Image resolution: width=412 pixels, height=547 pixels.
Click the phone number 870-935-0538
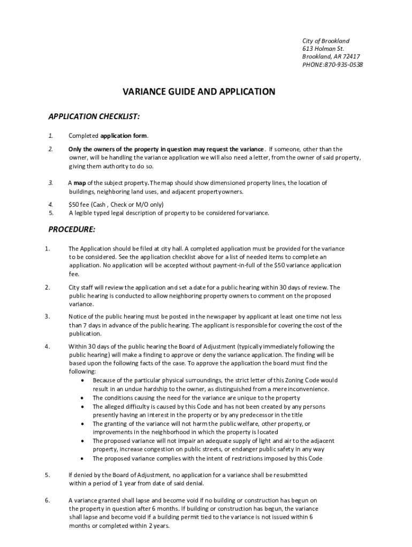[x=344, y=65]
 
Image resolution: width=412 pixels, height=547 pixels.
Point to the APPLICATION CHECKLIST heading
[x=94, y=116]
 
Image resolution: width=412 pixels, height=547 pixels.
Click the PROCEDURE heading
[x=72, y=230]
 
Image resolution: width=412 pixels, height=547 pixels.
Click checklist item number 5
[x=51, y=213]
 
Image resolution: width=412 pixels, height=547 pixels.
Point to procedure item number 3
[x=48, y=316]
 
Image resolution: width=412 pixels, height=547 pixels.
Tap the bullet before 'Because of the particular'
[x=81, y=380]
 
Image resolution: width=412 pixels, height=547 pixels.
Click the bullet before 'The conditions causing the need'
[x=81, y=398]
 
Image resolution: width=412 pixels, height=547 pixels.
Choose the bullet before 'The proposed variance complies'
[x=81, y=458]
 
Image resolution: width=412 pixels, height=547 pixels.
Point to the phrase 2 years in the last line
[x=159, y=526]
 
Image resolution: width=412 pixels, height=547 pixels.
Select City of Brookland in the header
[x=325, y=41]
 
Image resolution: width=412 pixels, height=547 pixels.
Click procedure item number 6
[x=48, y=500]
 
